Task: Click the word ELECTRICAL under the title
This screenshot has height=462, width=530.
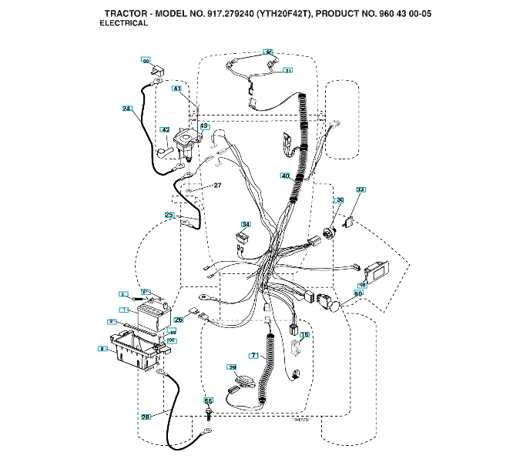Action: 123,24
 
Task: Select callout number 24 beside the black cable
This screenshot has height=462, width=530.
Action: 127,109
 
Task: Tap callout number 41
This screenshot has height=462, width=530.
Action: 176,89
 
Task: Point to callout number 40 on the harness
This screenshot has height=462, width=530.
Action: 285,176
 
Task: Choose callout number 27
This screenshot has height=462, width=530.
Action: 217,186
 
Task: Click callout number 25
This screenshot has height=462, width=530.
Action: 169,215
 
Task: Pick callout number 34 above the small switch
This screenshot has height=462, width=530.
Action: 246,225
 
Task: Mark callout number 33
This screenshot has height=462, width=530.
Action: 360,189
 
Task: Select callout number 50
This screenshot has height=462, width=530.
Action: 358,293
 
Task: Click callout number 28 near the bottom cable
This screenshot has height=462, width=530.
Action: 146,417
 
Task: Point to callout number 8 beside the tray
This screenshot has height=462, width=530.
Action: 101,349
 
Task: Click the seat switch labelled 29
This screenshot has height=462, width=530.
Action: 243,380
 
